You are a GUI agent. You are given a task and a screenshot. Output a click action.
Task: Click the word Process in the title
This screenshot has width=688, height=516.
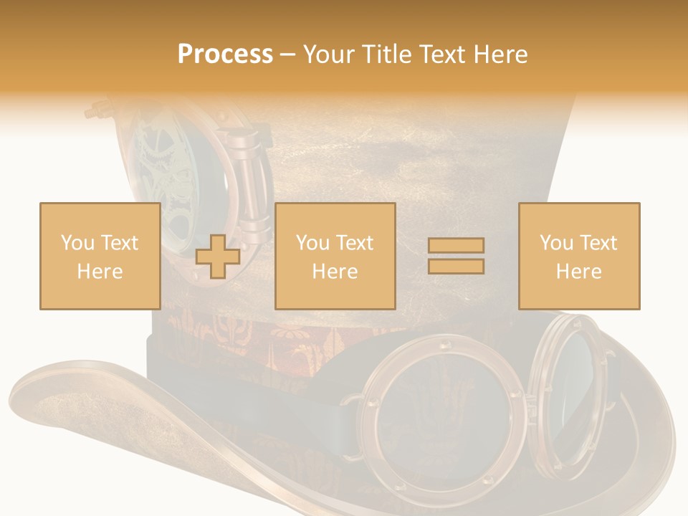225,54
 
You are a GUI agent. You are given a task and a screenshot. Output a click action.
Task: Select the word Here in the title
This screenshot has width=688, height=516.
501,54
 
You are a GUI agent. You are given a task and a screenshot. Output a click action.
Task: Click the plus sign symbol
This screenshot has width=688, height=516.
218,257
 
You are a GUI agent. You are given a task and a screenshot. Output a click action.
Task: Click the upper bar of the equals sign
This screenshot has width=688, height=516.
456,246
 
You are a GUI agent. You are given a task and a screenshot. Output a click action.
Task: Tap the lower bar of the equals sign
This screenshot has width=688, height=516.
456,266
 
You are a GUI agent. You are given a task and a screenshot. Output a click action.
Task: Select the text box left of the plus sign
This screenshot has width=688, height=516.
100,256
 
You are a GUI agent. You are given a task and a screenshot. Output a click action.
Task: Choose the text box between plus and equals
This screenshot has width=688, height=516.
335,256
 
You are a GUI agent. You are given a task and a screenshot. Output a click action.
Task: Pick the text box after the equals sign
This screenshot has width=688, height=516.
578,256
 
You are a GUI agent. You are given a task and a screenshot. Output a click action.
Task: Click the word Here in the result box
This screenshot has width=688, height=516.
578,271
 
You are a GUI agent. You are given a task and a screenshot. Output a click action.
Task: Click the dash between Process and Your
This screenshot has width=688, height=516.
287,55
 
